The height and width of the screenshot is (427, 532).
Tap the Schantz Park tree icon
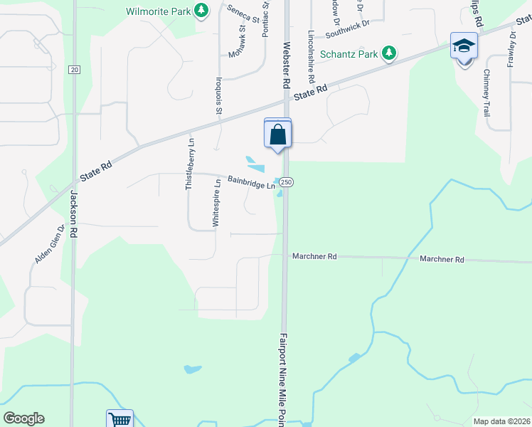[388, 53]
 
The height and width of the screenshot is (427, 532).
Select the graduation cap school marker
[464, 47]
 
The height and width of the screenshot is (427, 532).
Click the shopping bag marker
[277, 134]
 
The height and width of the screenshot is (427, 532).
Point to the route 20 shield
[74, 69]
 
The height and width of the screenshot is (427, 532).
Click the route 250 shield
[287, 182]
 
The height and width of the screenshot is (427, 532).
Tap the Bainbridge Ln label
[251, 182]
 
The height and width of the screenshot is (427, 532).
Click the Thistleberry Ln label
[190, 163]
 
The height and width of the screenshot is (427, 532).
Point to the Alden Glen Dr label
[50, 244]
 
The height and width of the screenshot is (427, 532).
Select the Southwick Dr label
[348, 29]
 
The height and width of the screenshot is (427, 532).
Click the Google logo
[23, 418]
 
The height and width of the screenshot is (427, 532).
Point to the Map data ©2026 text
[501, 421]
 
